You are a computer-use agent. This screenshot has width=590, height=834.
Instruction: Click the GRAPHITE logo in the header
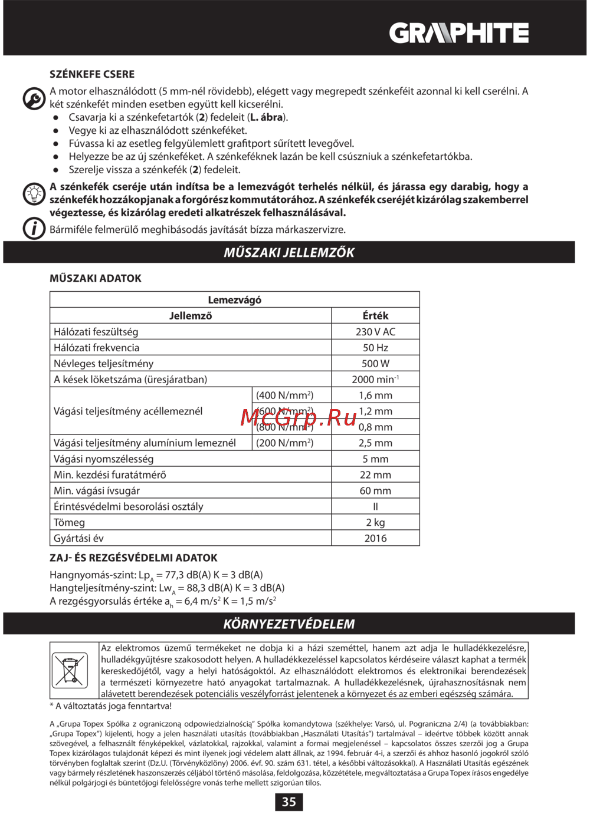pyautogui.click(x=458, y=33)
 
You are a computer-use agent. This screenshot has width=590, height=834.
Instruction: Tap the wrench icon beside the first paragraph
pyautogui.click(x=34, y=98)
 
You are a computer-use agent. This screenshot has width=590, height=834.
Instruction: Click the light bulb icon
pyautogui.click(x=34, y=194)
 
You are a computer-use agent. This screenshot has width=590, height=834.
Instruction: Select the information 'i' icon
pyautogui.click(x=34, y=228)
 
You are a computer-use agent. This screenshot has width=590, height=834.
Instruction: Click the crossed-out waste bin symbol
pyautogui.click(x=70, y=670)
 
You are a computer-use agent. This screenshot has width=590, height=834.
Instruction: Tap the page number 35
pyautogui.click(x=289, y=802)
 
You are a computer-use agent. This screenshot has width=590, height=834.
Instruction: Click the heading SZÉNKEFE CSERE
pyautogui.click(x=92, y=74)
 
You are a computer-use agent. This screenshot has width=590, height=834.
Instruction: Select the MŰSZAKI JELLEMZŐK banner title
pyautogui.click(x=289, y=253)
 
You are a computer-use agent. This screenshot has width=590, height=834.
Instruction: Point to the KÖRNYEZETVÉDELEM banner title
pyautogui.click(x=289, y=624)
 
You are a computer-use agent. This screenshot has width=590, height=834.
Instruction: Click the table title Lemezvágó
pyautogui.click(x=234, y=300)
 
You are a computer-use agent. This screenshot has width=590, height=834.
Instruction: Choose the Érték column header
pyautogui.click(x=375, y=316)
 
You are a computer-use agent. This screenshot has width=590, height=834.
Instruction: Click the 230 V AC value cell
pyautogui.click(x=375, y=332)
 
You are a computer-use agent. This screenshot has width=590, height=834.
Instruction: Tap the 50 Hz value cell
pyautogui.click(x=375, y=348)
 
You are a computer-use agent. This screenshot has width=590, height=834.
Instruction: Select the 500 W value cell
pyautogui.click(x=375, y=364)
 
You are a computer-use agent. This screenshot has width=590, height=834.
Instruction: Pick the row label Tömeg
pyautogui.click(x=70, y=523)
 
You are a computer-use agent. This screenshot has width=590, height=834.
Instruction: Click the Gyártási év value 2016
pyautogui.click(x=375, y=538)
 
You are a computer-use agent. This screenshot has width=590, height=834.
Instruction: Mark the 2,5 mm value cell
pyautogui.click(x=375, y=443)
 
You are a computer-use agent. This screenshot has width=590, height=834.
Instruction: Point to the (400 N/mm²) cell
pyautogui.click(x=285, y=395)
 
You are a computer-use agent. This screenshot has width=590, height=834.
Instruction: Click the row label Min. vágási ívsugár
pyautogui.click(x=97, y=491)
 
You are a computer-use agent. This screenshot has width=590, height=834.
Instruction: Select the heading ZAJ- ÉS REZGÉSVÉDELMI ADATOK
pyautogui.click(x=133, y=558)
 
